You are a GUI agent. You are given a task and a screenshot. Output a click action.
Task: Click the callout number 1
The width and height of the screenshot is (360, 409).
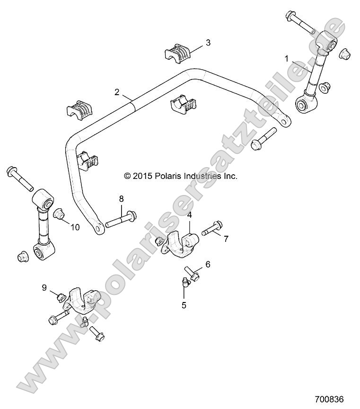pyautogui.click(x=286, y=59)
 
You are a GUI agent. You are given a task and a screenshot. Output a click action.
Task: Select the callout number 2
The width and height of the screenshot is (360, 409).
pyautogui.click(x=117, y=91)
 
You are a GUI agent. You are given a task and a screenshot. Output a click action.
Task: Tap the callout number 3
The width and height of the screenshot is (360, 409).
pyautogui.click(x=208, y=43)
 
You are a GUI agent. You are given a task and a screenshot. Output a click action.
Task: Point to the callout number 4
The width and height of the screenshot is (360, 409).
pyautogui.click(x=190, y=216)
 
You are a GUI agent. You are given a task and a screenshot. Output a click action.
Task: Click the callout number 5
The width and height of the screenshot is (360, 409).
pyautogui.click(x=184, y=305)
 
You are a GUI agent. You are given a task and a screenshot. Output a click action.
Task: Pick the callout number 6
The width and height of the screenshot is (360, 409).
pyautogui.click(x=207, y=264)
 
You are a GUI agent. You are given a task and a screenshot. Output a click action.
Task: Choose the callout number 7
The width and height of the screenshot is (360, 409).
pyautogui.click(x=226, y=239)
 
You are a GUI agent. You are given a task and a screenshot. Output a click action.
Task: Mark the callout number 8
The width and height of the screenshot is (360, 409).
pyautogui.click(x=121, y=198)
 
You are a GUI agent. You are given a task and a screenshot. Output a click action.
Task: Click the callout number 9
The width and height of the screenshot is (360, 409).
pyautogui.click(x=44, y=287)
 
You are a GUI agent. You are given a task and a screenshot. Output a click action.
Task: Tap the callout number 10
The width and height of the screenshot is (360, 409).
pyautogui.click(x=75, y=227)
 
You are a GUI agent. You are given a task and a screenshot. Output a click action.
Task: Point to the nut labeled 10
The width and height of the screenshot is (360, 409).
pyautogui.click(x=59, y=215)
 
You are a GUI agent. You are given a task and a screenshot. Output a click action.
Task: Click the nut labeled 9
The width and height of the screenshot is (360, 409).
pyautogui.click(x=60, y=298)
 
